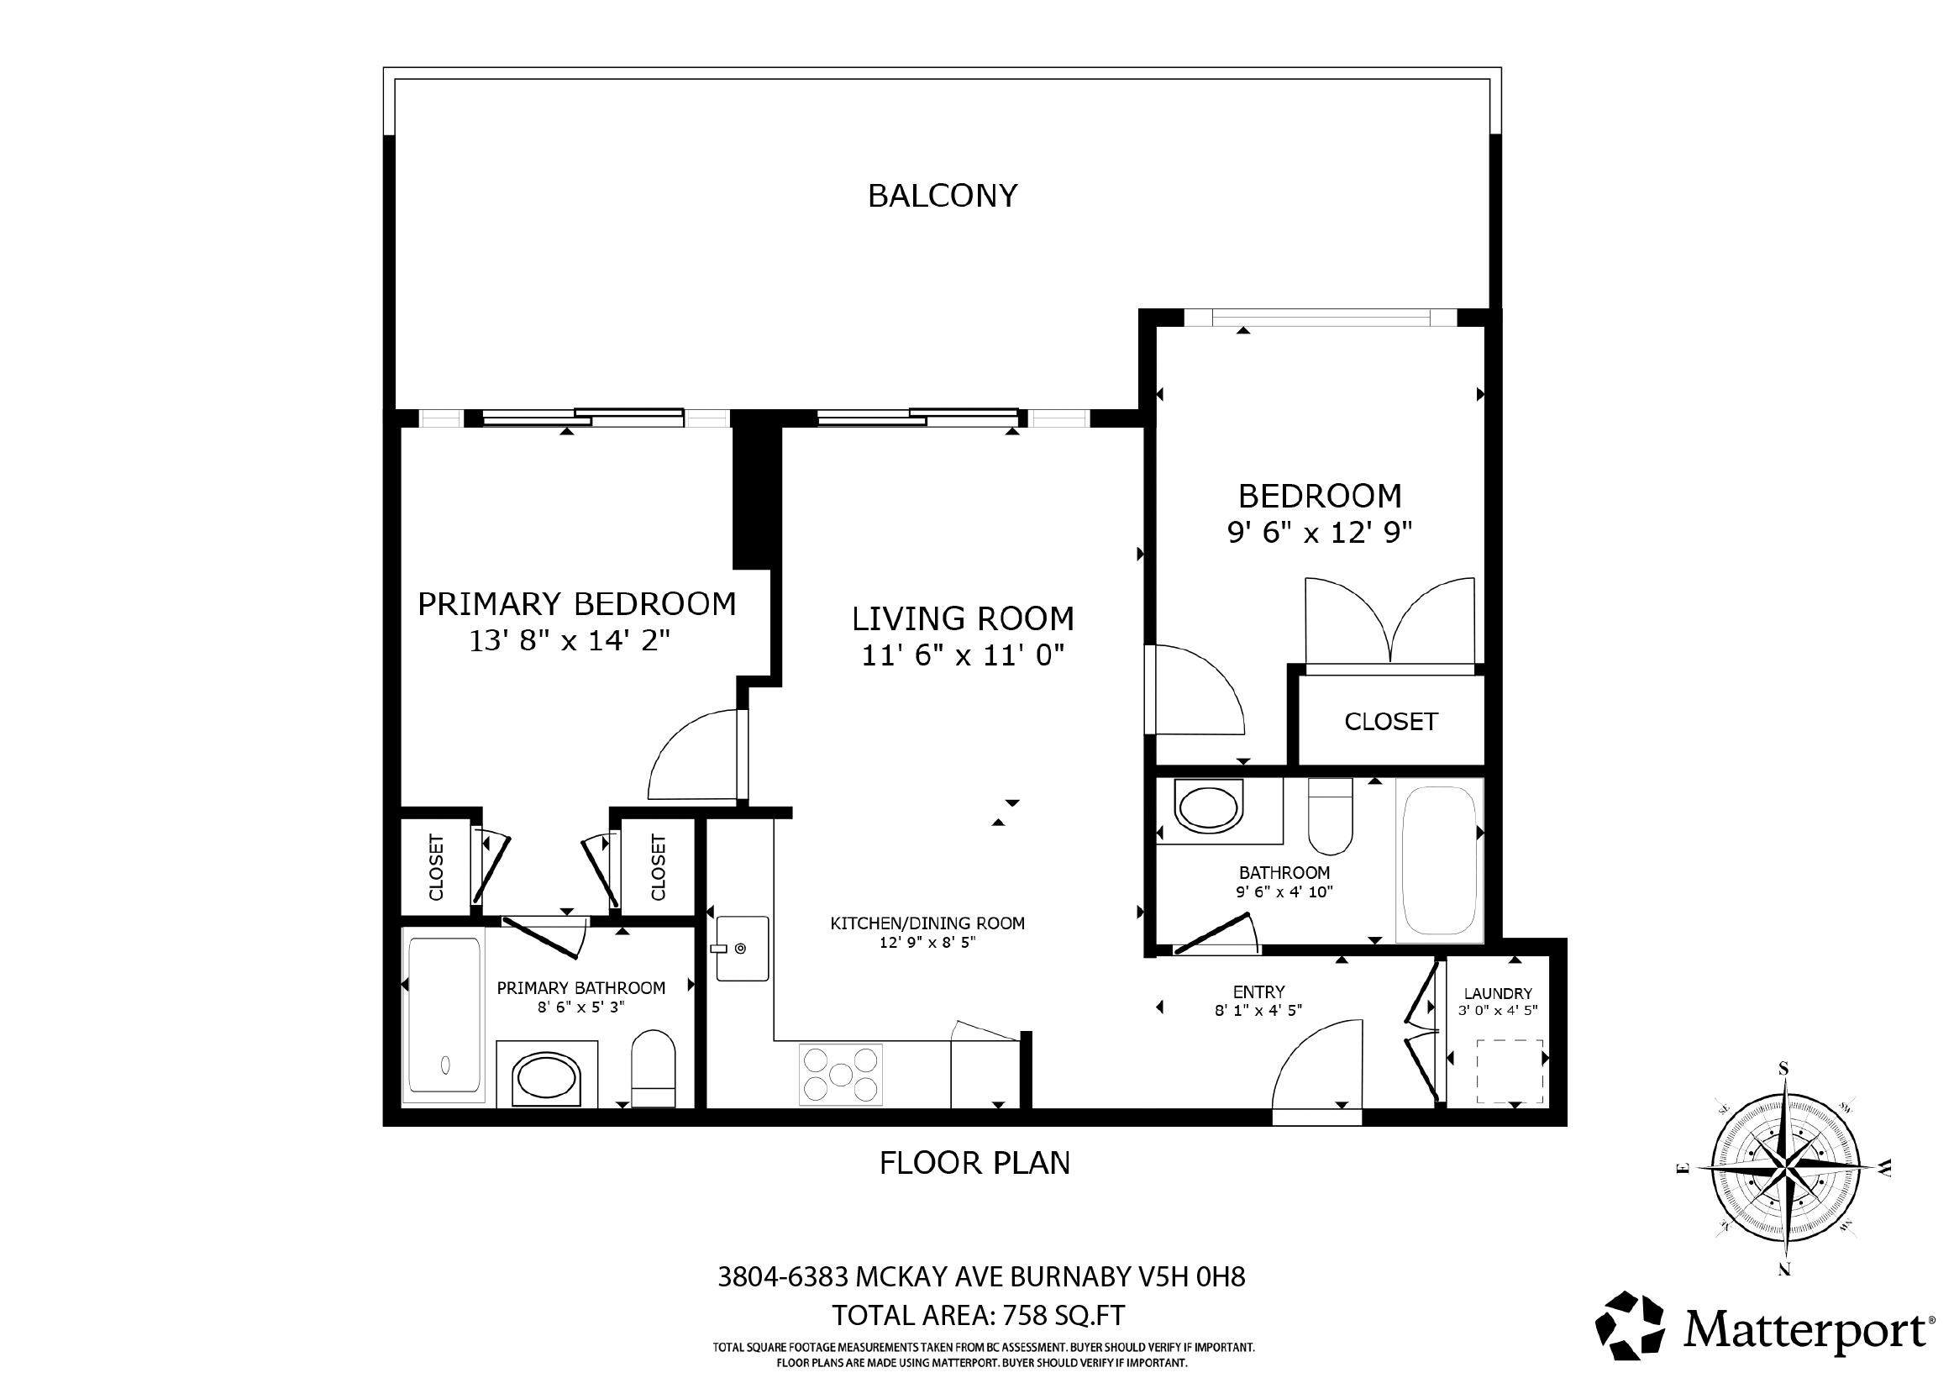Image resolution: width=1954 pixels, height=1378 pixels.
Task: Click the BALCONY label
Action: [x=942, y=196]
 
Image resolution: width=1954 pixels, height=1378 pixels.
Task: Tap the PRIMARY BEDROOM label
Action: [x=577, y=603]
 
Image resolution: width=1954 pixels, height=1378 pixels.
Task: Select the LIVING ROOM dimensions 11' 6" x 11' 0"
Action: [x=964, y=655]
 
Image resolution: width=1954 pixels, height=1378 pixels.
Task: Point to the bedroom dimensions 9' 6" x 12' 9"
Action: [x=1319, y=533]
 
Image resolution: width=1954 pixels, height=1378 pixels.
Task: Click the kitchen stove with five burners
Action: [x=841, y=1074]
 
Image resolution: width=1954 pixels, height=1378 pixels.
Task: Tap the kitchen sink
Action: [x=742, y=948]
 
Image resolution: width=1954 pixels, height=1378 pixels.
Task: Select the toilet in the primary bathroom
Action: [x=653, y=1068]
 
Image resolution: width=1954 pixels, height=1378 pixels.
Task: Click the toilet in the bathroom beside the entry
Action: [x=1330, y=816]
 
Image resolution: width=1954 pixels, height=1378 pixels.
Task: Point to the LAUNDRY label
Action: [x=1498, y=993]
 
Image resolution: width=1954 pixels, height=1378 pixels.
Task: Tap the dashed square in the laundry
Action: [x=1509, y=1070]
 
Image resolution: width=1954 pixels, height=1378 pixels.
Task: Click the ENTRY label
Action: [x=1258, y=991]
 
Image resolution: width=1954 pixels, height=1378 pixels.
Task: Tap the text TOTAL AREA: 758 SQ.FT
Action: [x=978, y=1315]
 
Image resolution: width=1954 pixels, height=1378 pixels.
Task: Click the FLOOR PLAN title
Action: [x=974, y=1163]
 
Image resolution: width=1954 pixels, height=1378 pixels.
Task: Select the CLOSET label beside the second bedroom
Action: [x=1390, y=722]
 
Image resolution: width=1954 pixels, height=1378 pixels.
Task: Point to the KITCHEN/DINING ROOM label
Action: [x=927, y=923]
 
